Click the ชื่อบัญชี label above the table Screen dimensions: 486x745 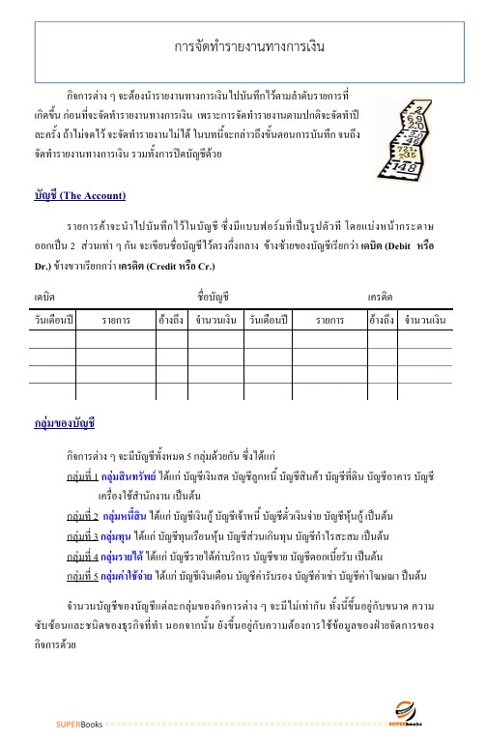212,265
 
